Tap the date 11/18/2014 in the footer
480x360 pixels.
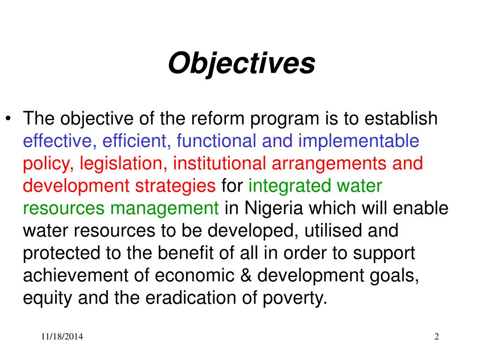(62, 337)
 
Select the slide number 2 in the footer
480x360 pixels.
(436, 337)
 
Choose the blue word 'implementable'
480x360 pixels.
(359, 141)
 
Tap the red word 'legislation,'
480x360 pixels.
(124, 164)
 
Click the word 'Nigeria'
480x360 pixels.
(272, 209)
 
